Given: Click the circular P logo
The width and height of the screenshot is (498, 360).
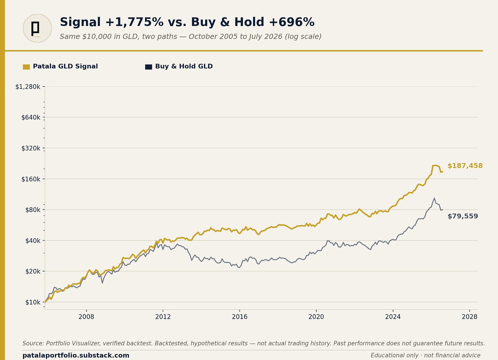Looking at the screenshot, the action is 37,28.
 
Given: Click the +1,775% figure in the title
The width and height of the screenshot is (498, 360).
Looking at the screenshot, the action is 134,22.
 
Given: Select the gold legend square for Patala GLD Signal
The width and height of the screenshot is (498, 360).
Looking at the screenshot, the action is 26,67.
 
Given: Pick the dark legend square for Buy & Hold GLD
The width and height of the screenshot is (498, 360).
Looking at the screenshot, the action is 148,67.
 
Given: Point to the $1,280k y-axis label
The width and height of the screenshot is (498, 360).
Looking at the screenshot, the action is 28,87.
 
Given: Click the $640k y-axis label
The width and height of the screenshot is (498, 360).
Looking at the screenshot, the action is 31,117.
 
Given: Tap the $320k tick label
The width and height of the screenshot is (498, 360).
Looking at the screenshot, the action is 31,148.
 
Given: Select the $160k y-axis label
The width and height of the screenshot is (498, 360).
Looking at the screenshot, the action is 31,179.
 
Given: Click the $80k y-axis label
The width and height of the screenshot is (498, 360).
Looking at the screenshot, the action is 33,210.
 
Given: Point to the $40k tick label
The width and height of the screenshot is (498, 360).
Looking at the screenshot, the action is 33,241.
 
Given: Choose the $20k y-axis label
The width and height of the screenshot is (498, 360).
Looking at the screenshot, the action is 33,271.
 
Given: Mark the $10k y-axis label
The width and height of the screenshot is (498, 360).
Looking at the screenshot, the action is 33,302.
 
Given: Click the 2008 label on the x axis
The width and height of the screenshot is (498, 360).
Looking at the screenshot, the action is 86,317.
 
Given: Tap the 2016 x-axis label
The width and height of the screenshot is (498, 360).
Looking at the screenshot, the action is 239,317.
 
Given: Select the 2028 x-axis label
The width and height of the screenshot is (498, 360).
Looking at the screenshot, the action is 469,317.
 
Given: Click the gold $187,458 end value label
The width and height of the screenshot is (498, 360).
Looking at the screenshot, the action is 465,166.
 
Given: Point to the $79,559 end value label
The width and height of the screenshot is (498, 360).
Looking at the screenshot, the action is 463,216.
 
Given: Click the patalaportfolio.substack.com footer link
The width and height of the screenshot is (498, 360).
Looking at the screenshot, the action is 76,355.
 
